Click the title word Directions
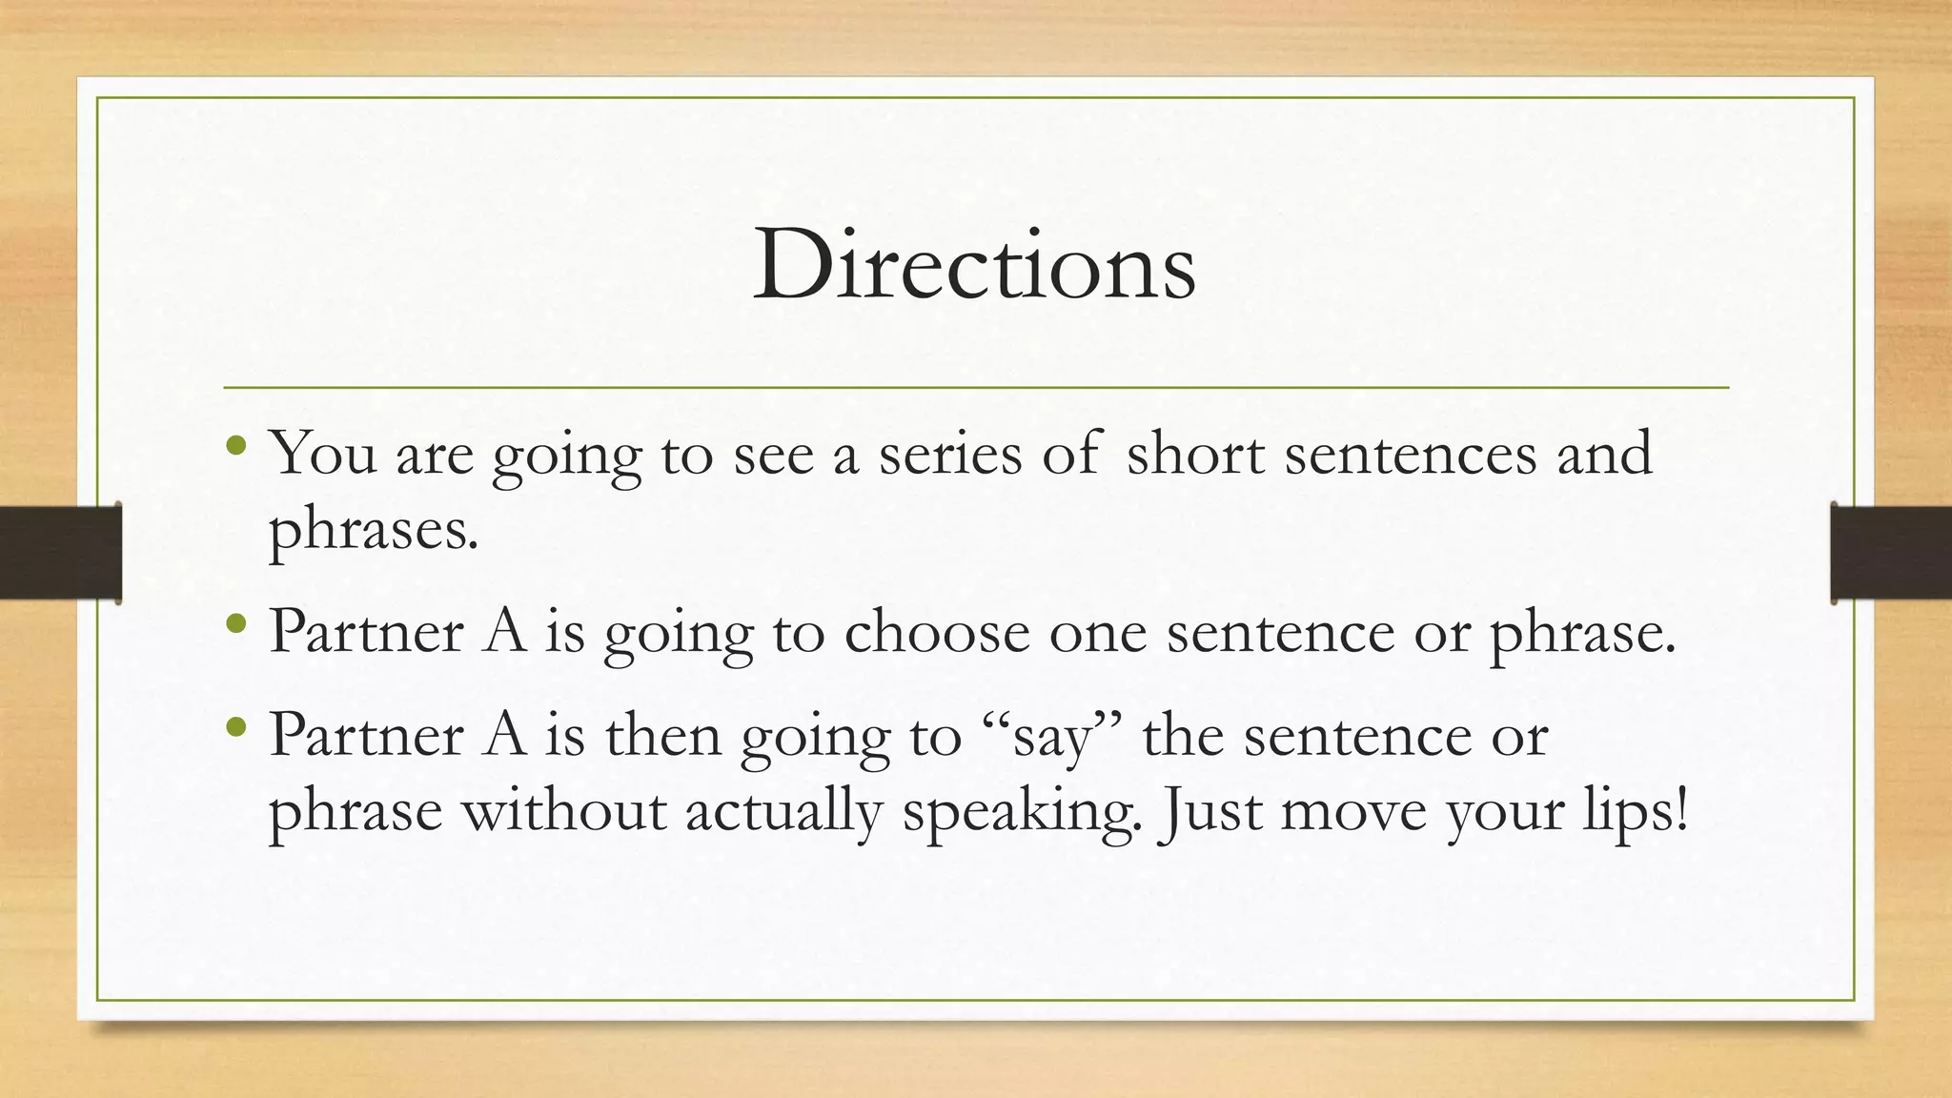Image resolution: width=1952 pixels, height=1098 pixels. pos(974,264)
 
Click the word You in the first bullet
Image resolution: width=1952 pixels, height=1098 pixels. pos(323,453)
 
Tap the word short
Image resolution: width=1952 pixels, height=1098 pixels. pos(1195,453)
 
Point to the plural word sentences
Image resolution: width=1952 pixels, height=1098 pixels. pos(1411,455)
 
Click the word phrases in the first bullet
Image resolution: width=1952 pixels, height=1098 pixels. pos(372,531)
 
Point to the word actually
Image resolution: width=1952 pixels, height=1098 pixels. pos(783,813)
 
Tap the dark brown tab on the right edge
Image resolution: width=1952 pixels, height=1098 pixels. pos(1891,553)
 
